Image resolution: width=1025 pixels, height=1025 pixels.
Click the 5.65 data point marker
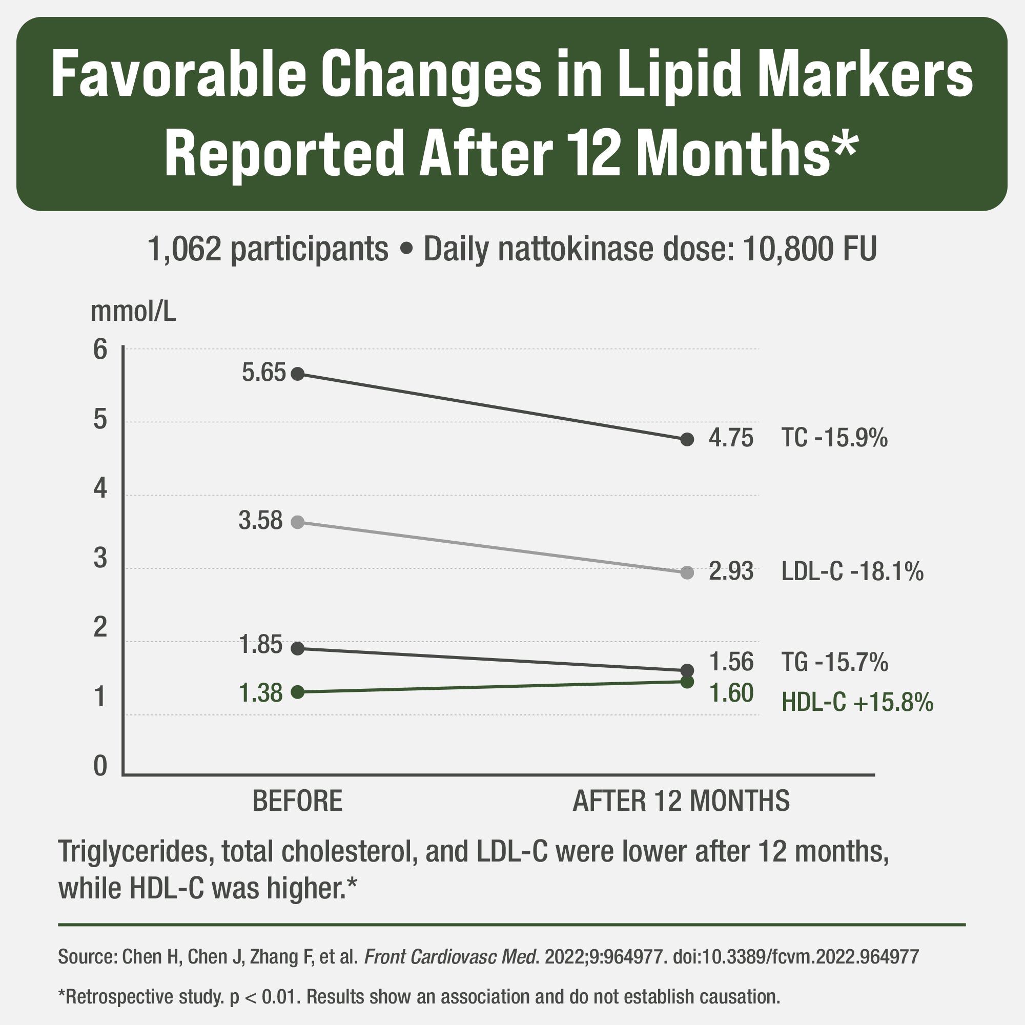coord(298,374)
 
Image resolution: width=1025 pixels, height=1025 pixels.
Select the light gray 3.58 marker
coord(298,522)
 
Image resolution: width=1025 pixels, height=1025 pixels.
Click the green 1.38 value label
coord(260,693)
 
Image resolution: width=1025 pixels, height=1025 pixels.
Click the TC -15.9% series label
coord(834,438)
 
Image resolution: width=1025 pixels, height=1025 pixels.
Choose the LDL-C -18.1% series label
coord(852,571)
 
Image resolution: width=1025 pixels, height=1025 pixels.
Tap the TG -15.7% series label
coord(834,662)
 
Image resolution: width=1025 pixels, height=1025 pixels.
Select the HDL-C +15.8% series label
coord(857,703)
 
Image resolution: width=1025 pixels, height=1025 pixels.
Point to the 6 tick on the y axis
coord(100,350)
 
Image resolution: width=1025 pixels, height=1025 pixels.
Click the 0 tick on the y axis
coord(100,766)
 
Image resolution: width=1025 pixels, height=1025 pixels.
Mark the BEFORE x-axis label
coord(297,801)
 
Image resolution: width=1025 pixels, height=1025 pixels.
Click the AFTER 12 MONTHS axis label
coord(681,801)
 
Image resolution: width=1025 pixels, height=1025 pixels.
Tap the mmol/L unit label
coord(133,312)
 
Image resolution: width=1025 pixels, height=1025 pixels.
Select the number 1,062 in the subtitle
coord(184,249)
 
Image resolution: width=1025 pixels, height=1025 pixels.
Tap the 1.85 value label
coord(260,645)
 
